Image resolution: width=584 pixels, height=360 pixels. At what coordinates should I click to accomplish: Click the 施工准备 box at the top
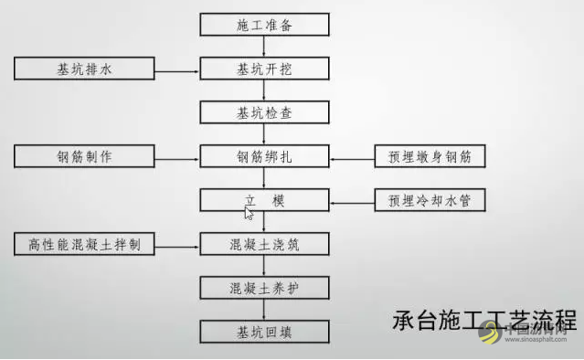click(264, 25)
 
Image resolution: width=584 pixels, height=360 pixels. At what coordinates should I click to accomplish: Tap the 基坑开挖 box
click(264, 69)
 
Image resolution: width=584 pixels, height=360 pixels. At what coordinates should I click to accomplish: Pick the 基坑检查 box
click(264, 112)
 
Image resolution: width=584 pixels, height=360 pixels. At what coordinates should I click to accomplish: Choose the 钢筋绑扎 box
click(264, 156)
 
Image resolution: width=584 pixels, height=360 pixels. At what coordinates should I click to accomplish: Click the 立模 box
click(264, 199)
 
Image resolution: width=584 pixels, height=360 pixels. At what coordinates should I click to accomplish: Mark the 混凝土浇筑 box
click(264, 244)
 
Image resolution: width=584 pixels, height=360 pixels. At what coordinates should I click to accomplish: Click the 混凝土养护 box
click(264, 288)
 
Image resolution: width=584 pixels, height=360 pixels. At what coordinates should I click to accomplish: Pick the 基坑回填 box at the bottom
click(264, 331)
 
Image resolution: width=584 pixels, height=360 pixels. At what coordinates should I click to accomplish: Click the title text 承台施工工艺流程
click(484, 322)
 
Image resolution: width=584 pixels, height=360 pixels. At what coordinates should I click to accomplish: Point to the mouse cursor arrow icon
click(249, 213)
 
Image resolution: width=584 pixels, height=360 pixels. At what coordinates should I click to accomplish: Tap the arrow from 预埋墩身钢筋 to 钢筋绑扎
click(351, 156)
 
